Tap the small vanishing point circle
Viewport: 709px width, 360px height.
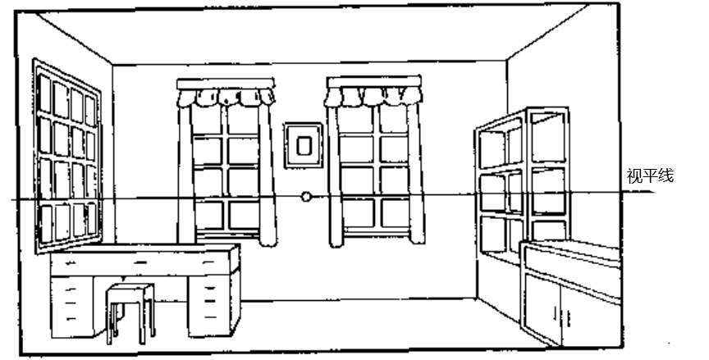tap(306, 197)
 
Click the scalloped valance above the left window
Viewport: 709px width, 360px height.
tap(226, 93)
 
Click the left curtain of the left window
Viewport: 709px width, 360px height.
tap(185, 172)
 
